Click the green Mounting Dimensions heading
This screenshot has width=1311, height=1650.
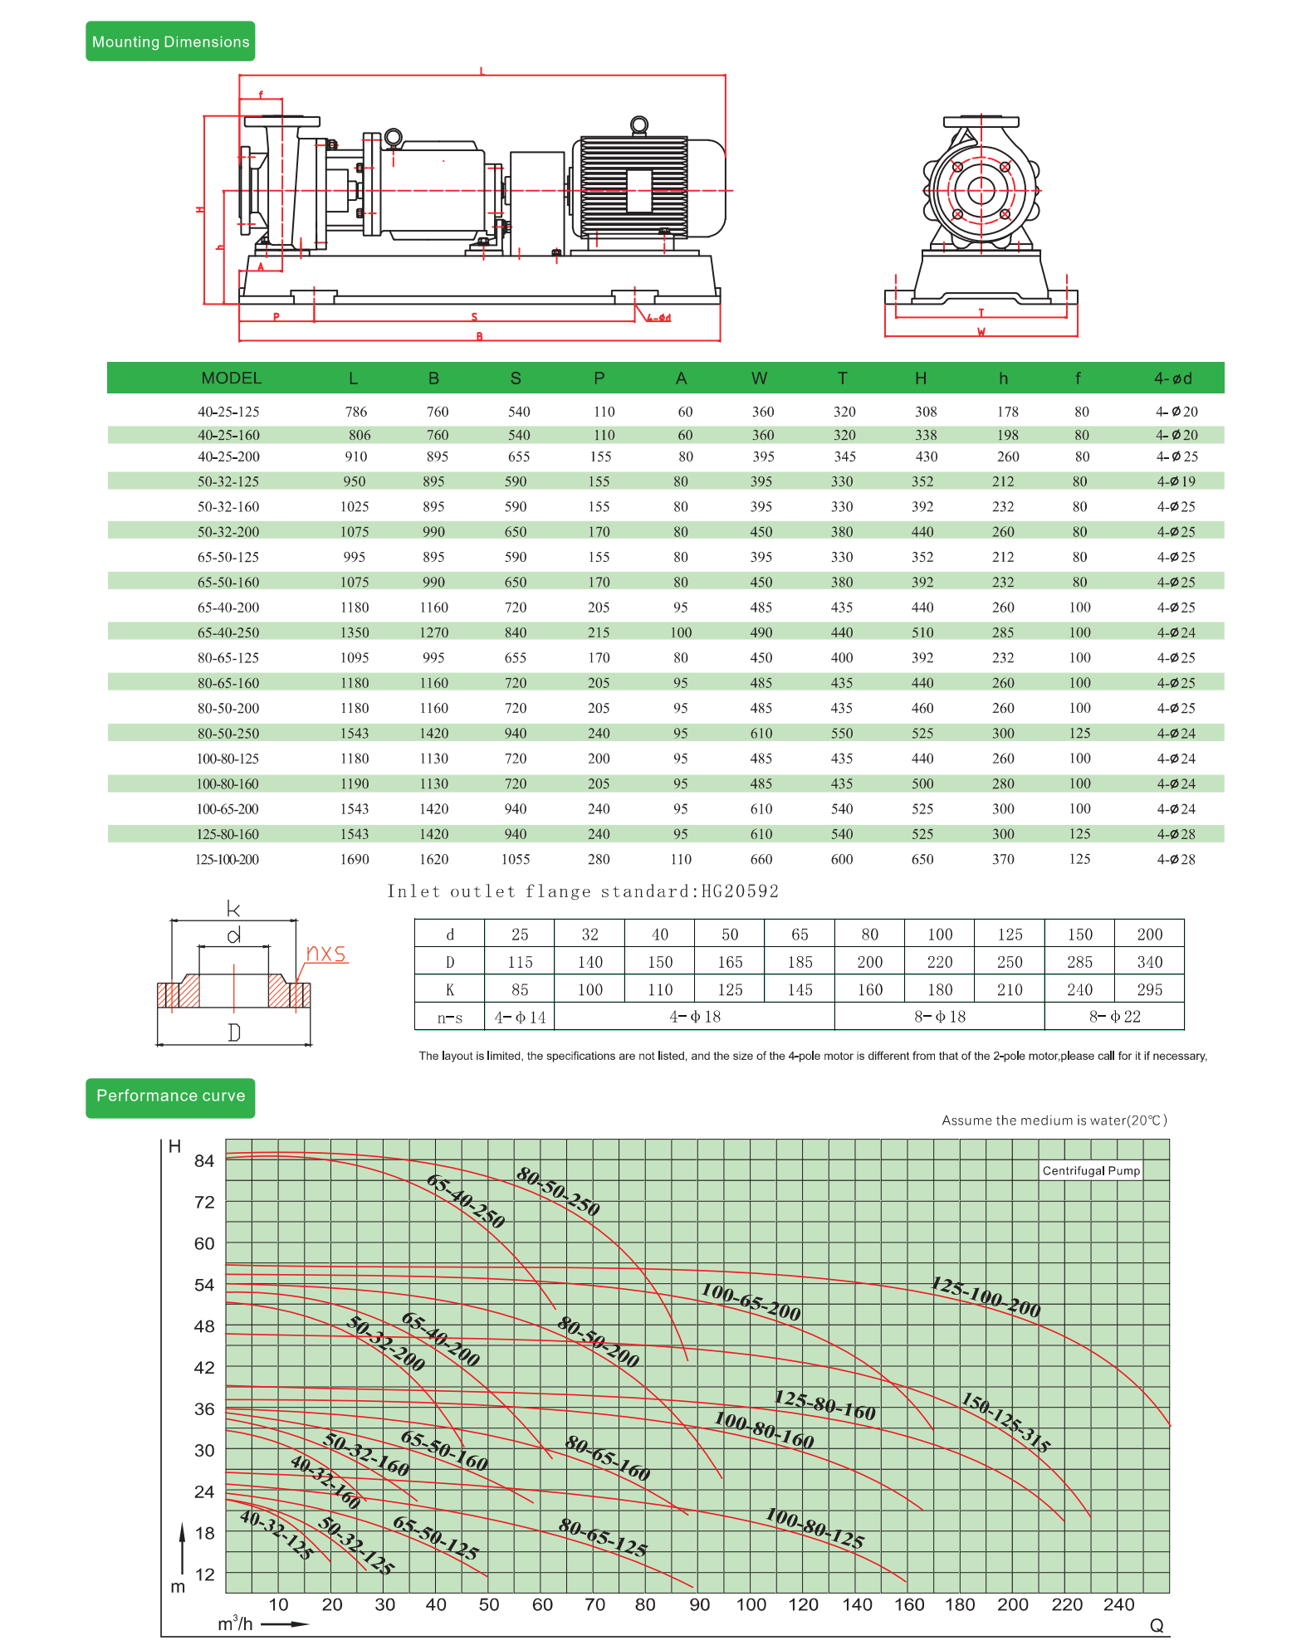coord(170,41)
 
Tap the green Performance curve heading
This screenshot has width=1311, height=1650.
coord(170,1096)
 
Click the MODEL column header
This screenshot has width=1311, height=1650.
coord(231,378)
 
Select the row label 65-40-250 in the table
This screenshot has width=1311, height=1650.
coord(228,632)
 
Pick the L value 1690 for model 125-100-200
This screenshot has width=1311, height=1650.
coord(355,860)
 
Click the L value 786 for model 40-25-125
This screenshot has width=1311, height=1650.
coord(356,412)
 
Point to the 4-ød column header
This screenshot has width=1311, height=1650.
coord(1172,378)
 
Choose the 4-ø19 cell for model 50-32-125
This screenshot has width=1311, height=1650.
coord(1176,481)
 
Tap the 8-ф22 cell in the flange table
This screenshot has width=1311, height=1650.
coord(1114,1017)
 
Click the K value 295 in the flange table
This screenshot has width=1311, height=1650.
coord(1149,989)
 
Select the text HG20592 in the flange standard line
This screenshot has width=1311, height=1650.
coord(740,891)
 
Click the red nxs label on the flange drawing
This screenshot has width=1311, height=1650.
coord(325,953)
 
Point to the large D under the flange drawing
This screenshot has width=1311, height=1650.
coord(234,1032)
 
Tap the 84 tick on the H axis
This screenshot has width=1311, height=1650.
coord(204,1160)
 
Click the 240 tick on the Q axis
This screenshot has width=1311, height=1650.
coord(1118,1604)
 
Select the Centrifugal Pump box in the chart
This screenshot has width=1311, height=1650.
coord(1091,1170)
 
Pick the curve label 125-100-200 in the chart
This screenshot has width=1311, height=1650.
coord(986,1297)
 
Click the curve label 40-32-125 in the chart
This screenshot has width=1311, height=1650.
coord(276,1535)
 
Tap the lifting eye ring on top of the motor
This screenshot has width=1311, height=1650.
coord(638,125)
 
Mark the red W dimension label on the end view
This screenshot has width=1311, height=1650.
coord(981,332)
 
